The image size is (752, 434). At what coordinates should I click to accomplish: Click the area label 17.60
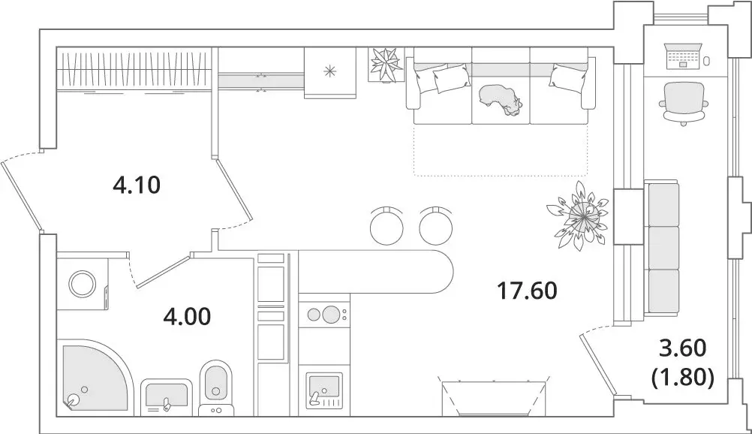coord(528,290)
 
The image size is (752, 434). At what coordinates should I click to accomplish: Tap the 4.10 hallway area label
coord(137,185)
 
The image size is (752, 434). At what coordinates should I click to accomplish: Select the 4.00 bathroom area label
coord(187,316)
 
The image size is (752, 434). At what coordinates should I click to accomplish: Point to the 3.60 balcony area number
coord(682,348)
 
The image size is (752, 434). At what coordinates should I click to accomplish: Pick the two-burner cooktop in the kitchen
coord(324,314)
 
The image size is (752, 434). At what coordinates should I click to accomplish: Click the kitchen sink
coord(324,389)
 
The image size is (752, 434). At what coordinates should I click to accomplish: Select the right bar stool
coord(437,224)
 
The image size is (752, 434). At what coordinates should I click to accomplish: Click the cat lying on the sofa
coord(499,98)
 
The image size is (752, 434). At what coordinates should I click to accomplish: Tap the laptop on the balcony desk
coord(683,56)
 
